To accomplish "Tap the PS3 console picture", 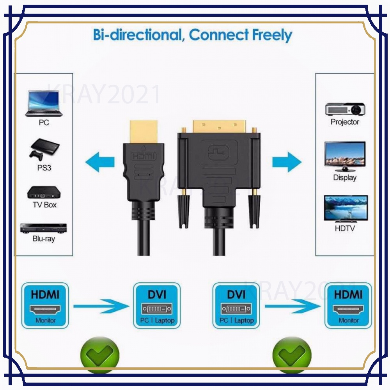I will pyautogui.click(x=44, y=150).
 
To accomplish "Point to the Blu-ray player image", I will pyautogui.click(x=43, y=228).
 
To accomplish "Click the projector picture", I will pyautogui.click(x=345, y=109).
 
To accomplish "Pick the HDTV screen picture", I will pyautogui.click(x=346, y=209).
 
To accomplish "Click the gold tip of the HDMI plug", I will pyautogui.click(x=143, y=132).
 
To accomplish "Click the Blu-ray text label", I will pyautogui.click(x=43, y=239).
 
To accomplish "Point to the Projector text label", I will pyautogui.click(x=345, y=122).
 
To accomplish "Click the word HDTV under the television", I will pyautogui.click(x=345, y=229).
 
